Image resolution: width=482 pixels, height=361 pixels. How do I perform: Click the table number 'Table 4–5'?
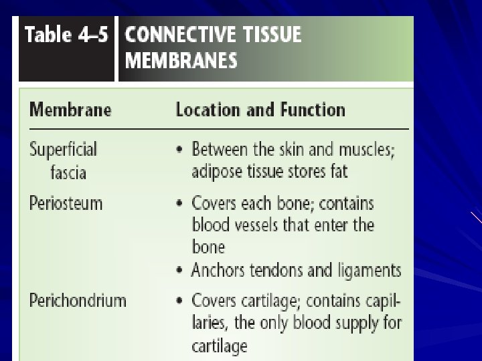66,35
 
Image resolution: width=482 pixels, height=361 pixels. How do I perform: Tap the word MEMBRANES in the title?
181,61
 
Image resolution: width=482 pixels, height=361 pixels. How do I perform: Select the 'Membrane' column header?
70,110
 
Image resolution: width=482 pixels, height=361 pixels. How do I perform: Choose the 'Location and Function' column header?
260,110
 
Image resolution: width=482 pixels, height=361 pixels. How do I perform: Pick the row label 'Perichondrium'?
78,300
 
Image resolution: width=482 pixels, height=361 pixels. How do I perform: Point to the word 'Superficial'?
63,148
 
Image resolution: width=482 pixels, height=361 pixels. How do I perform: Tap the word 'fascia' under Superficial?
68,172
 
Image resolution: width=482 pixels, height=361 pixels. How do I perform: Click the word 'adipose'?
218,172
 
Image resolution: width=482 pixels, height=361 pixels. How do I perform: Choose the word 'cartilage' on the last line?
220,346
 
